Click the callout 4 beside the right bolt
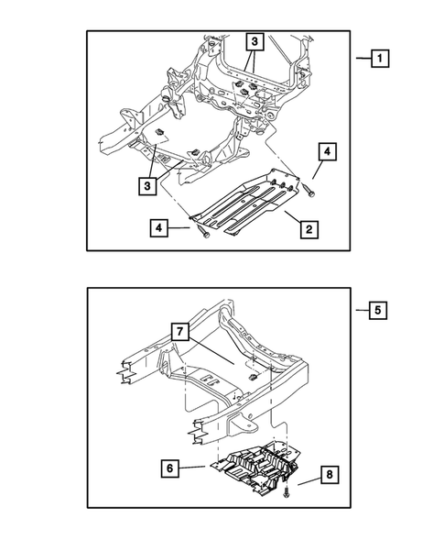pyautogui.click(x=327, y=151)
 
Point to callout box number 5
pyautogui.click(x=378, y=311)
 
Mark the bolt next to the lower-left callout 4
pyautogui.click(x=203, y=235)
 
